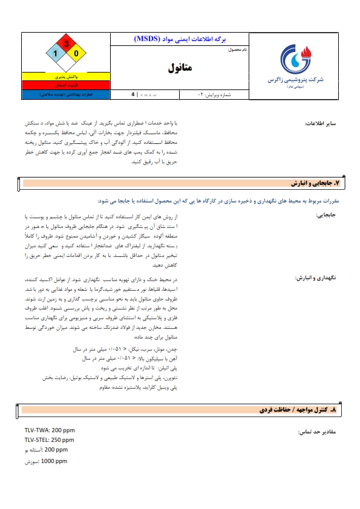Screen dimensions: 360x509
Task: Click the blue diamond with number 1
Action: point(55,54)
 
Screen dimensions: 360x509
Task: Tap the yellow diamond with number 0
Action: point(76,54)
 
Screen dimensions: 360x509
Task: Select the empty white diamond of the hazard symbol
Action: point(66,64)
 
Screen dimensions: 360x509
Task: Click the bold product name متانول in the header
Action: point(180,68)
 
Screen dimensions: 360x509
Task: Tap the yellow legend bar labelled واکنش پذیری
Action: point(66,78)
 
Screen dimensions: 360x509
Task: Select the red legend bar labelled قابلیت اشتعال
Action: point(66,86)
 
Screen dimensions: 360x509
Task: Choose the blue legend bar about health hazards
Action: point(66,95)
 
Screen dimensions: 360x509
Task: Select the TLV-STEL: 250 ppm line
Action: point(49,440)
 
